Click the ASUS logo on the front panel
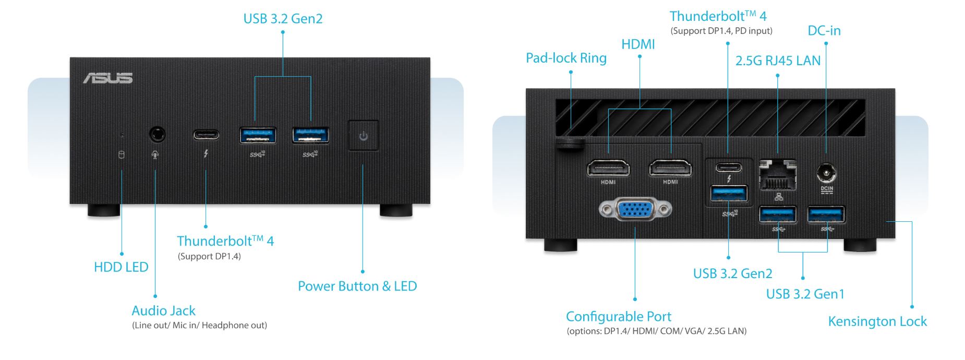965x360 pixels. point(108,78)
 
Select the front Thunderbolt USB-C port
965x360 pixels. point(206,135)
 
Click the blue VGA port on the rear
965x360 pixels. point(635,210)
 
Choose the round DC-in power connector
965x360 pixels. point(827,173)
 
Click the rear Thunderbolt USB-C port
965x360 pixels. point(729,167)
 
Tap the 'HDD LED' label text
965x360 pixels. point(121,267)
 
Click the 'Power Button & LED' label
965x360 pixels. point(357,286)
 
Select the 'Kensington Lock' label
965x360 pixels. point(877,321)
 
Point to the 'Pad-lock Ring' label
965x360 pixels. point(566,58)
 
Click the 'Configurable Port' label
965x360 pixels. point(619,317)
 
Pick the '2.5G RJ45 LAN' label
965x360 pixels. point(778,61)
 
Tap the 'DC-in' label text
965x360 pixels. point(824,31)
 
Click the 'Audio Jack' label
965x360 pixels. point(163,311)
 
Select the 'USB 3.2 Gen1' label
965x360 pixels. point(805,294)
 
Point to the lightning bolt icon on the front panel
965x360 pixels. point(206,154)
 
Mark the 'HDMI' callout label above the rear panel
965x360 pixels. point(638,44)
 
